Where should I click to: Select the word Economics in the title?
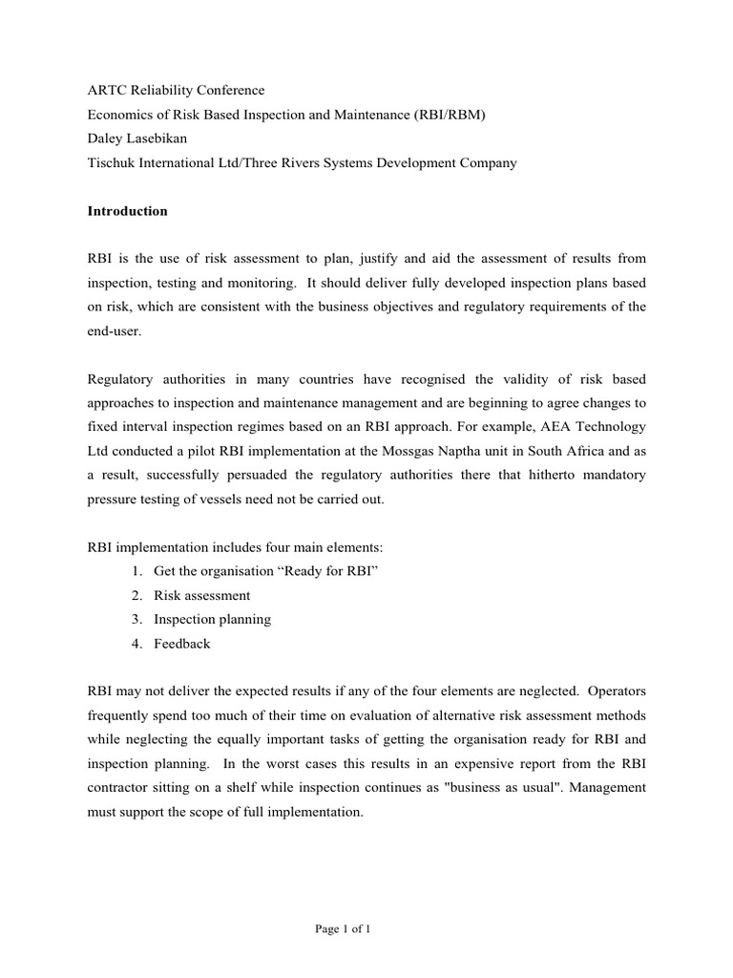tap(118, 115)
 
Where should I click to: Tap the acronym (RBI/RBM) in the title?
tap(457, 115)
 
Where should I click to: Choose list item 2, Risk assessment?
tap(201, 595)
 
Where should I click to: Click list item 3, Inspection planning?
tap(212, 619)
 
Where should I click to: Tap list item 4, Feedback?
tap(181, 643)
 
